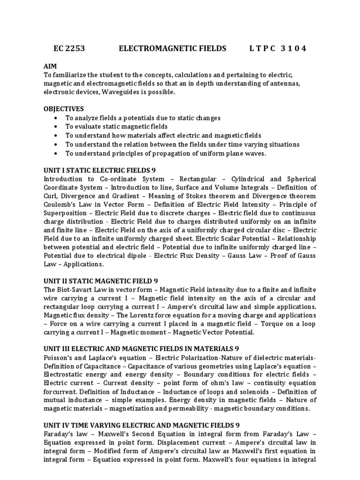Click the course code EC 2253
pyautogui.click(x=69, y=48)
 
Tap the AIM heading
pyautogui.click(x=50, y=67)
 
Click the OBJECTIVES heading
pyautogui.click(x=64, y=109)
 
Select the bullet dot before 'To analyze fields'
pyautogui.click(x=57, y=118)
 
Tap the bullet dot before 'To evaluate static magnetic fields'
pyautogui.click(x=57, y=127)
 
